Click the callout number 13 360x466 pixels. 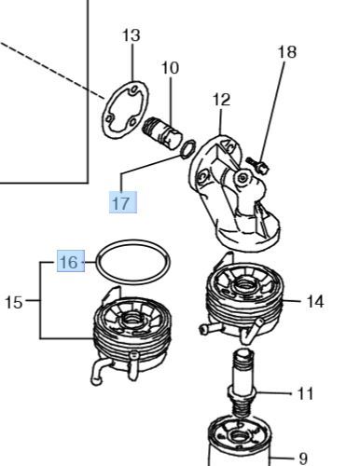point(131,35)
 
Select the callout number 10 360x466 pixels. point(171,68)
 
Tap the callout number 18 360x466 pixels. point(287,52)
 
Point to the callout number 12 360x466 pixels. point(221,100)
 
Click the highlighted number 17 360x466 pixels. point(123,202)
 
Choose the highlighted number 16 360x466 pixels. point(71,261)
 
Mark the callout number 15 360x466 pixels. point(14,302)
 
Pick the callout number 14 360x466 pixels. point(315,302)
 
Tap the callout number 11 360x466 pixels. point(305,394)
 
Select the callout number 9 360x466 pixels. point(303,459)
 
